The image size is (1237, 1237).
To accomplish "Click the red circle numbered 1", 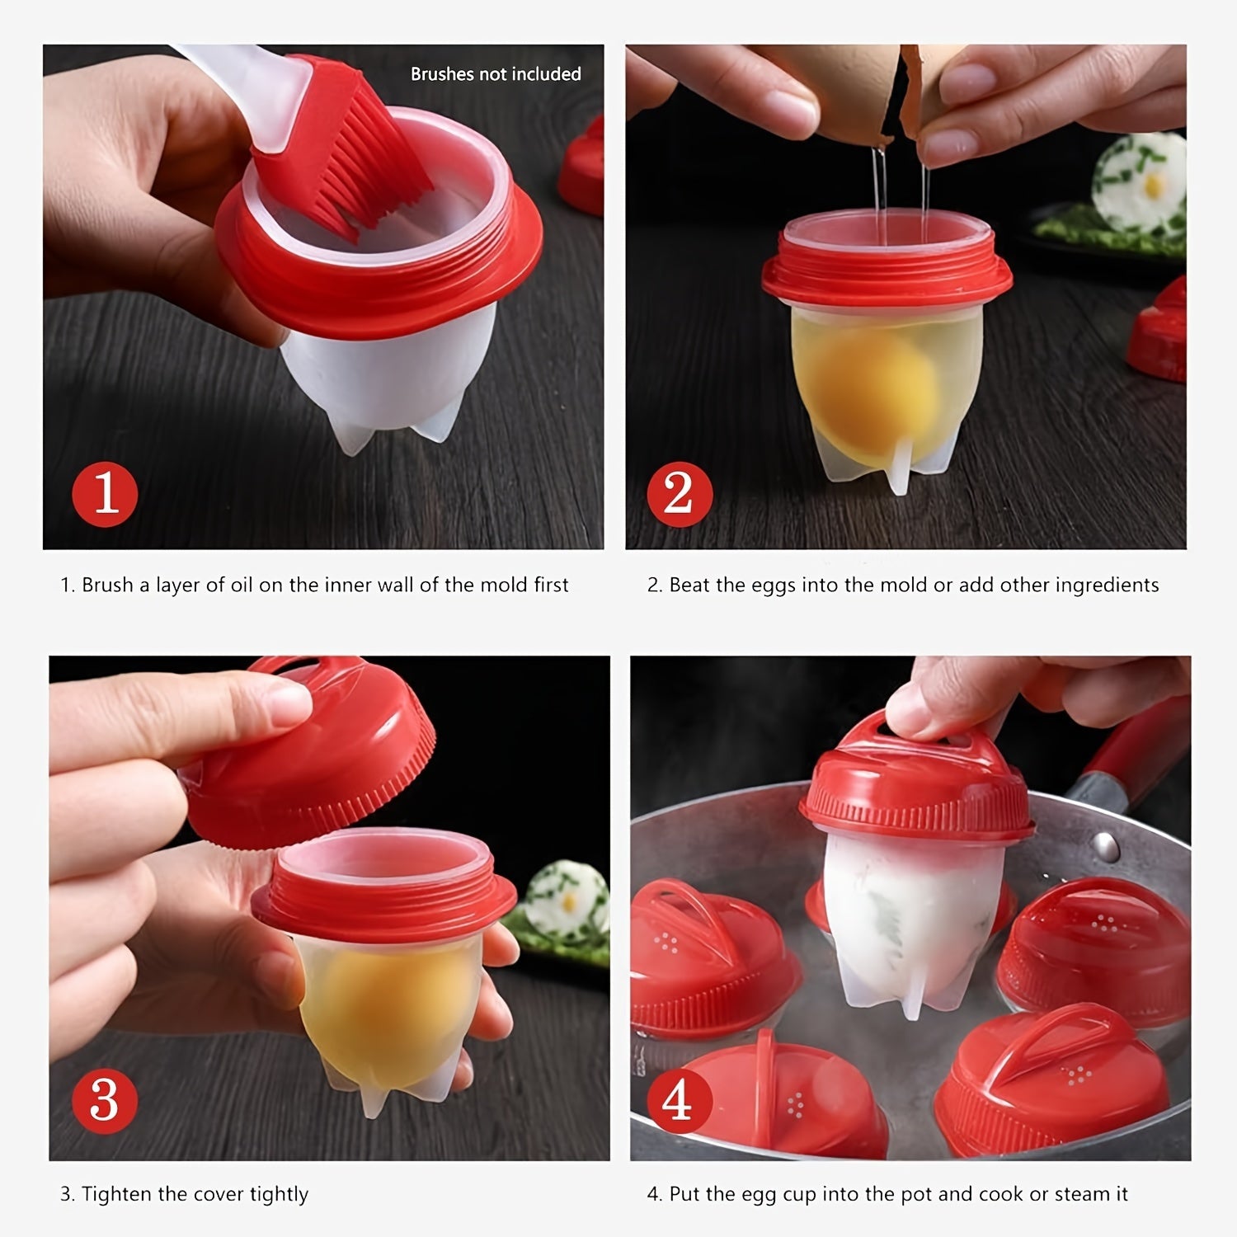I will pos(106,495).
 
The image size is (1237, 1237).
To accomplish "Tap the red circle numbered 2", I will pos(678,495).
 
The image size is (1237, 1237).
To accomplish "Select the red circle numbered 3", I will pos(104,1100).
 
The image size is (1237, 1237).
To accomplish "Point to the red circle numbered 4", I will pos(678,1100).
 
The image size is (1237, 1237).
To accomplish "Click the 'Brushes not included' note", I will pos(496,74).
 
